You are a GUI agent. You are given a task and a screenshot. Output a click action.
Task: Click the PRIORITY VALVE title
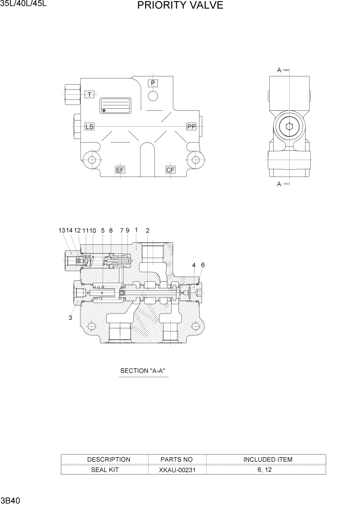180,6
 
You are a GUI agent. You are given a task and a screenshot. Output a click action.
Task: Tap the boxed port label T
90,94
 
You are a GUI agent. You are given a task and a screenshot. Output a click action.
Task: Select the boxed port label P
153,83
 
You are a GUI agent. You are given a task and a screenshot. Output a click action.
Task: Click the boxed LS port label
89,126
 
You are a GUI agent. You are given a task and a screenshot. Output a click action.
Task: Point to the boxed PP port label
191,126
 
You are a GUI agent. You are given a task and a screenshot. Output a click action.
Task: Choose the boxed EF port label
120,170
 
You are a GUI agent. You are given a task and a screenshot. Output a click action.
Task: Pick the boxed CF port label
171,170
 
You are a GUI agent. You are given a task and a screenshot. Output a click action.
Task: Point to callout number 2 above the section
148,231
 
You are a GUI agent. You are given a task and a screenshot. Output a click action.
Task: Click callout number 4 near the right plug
194,265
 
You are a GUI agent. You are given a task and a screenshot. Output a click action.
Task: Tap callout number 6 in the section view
203,265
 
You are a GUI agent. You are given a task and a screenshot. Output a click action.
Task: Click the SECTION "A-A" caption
143,370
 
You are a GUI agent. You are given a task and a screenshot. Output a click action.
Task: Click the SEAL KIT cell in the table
105,469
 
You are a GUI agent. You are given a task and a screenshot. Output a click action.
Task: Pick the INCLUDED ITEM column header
267,460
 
